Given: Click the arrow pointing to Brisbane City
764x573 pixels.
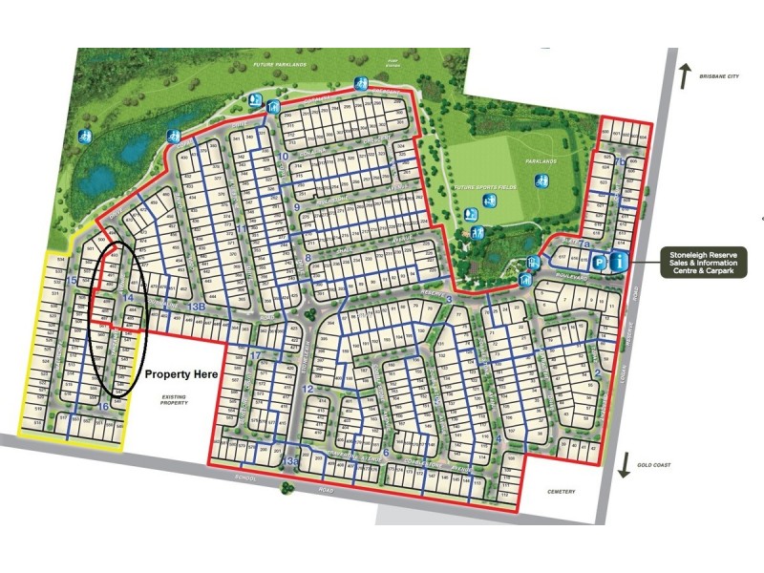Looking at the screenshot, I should pos(684,75).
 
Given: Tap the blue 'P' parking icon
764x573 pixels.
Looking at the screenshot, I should pos(601,261).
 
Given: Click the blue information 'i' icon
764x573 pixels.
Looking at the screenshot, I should pos(621,261).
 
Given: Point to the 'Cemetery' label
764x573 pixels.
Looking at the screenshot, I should pos(562,492).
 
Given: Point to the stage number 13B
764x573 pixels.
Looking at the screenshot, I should pos(197,307).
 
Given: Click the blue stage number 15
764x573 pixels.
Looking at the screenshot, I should pos(73,280).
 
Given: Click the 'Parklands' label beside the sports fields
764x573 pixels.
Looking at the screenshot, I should pos(541,161).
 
